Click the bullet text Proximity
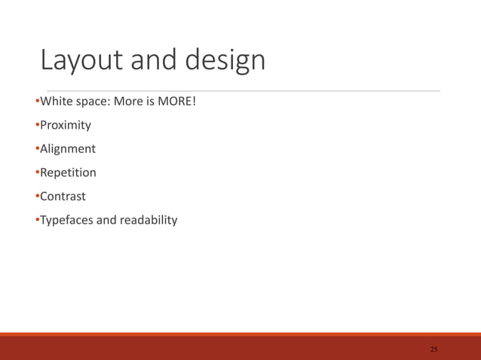[x=66, y=125]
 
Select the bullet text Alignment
[x=68, y=149]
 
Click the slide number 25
[x=433, y=349]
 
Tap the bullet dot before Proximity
[x=37, y=125]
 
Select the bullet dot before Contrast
[x=37, y=197]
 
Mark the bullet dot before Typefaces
[x=37, y=221]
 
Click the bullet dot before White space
[x=37, y=101]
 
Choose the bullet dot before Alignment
[x=37, y=149]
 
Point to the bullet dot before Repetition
[x=37, y=172]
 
